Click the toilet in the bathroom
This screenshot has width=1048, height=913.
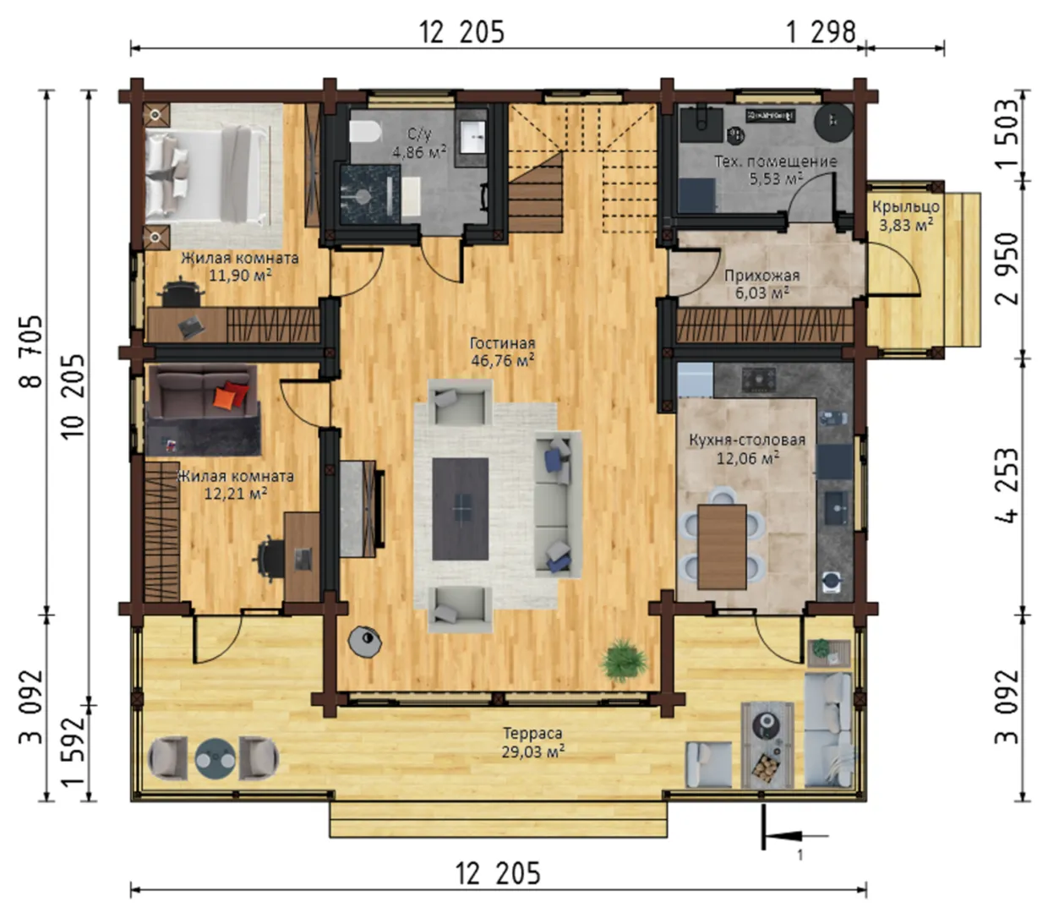tap(365, 132)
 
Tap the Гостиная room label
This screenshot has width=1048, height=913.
tap(503, 342)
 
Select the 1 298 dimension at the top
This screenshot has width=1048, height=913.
tap(821, 33)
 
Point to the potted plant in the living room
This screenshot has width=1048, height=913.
tap(624, 661)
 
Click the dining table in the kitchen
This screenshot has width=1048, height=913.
tap(722, 547)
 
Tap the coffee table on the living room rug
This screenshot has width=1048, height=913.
tap(460, 509)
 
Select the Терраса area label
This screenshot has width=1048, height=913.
tap(532, 733)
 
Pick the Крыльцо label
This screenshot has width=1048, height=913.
tap(906, 206)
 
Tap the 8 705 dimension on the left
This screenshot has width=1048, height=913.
tap(30, 352)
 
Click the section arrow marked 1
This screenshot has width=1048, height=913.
tap(794, 836)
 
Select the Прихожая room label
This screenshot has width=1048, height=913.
tap(761, 276)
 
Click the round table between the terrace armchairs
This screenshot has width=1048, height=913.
tap(216, 758)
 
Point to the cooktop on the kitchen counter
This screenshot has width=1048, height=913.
tap(760, 379)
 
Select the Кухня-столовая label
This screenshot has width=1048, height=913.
tap(747, 440)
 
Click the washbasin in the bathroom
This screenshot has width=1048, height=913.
tap(472, 137)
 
